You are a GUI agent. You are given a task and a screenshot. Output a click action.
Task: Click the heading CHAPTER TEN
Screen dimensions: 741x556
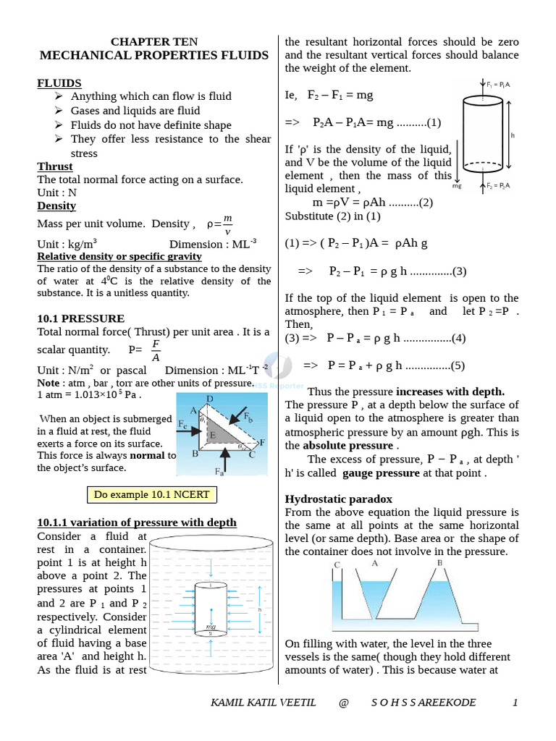pos(153,41)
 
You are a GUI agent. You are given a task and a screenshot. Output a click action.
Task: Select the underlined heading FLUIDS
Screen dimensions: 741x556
pos(59,83)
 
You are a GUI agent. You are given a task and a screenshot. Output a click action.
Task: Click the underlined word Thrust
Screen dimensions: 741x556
pos(55,166)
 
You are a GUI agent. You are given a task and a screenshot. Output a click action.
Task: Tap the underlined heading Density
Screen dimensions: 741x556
pos(56,206)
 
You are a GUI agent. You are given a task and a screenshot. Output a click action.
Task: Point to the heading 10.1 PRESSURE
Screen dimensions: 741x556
pos(80,318)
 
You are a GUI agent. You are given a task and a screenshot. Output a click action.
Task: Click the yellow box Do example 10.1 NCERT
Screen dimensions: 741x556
pos(152,495)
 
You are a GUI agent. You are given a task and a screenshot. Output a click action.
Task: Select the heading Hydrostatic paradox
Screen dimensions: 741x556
pos(338,499)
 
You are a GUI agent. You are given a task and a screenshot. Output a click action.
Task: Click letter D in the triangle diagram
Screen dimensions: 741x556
pos(209,399)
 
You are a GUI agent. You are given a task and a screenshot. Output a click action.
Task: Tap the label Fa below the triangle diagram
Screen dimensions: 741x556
pos(219,471)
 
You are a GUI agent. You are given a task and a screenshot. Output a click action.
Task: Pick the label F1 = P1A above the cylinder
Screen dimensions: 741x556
pos(497,85)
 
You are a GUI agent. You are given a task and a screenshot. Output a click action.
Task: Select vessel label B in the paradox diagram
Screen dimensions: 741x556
pos(439,563)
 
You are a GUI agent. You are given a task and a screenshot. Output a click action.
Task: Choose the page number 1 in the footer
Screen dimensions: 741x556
pos(515,703)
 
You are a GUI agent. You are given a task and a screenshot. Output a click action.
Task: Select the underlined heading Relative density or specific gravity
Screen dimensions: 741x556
pos(119,257)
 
